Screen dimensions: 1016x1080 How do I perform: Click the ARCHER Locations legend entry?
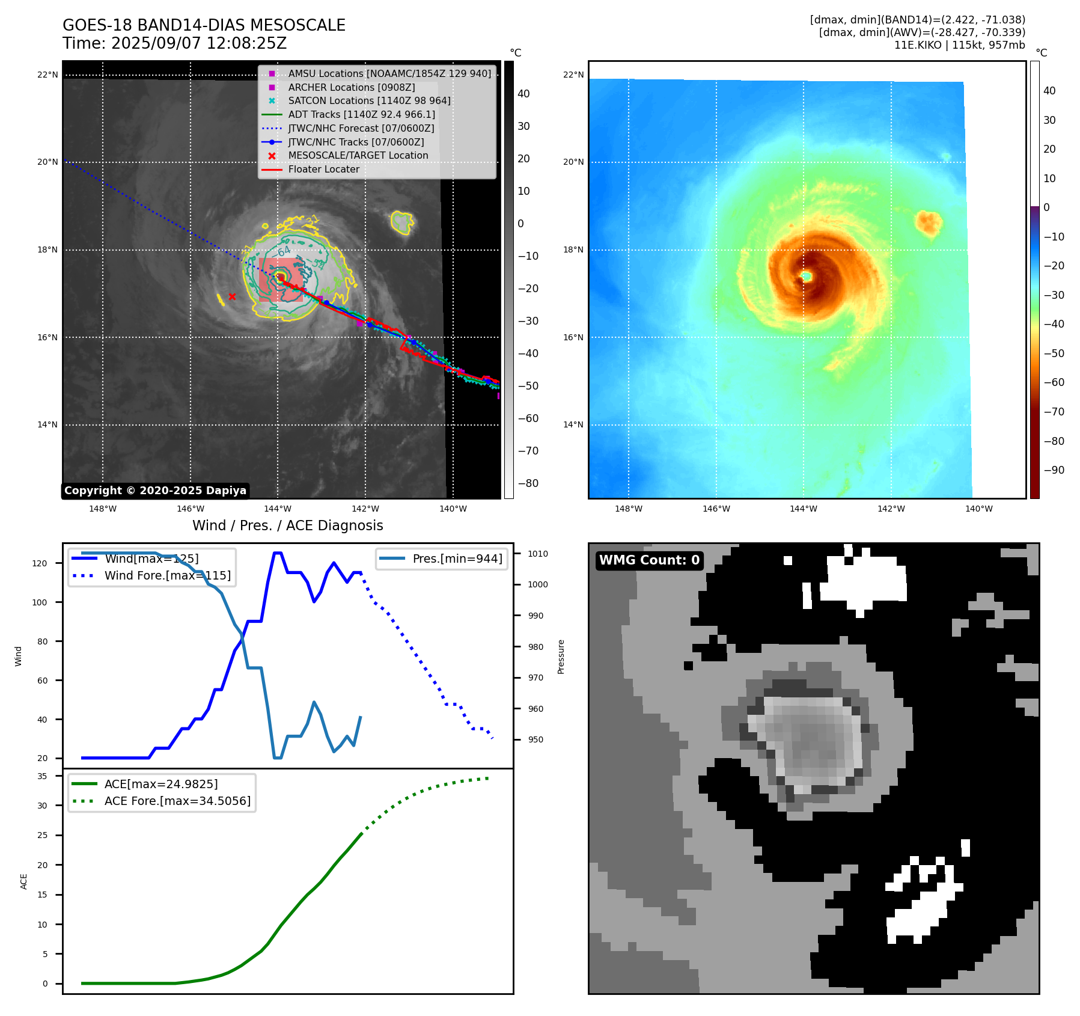click(351, 87)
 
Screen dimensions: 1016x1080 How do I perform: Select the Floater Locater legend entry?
click(323, 169)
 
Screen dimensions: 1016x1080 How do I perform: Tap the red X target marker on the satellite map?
click(232, 296)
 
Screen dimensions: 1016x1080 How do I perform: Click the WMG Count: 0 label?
click(649, 560)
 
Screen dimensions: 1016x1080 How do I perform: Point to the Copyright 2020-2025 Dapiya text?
click(155, 491)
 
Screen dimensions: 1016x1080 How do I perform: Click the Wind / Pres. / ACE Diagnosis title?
click(287, 525)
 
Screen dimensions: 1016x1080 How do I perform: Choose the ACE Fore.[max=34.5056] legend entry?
click(177, 801)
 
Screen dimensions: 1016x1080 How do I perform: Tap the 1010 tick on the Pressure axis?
click(538, 554)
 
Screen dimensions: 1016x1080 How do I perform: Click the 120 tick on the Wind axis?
click(40, 563)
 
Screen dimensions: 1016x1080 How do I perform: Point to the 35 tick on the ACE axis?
click(42, 776)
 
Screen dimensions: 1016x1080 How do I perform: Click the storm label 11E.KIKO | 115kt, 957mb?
click(959, 45)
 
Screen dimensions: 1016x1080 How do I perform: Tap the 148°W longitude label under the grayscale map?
click(103, 509)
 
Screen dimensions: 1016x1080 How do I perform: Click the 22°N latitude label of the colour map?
click(573, 75)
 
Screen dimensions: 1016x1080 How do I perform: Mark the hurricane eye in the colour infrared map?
click(806, 276)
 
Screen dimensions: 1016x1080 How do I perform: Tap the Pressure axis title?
click(561, 656)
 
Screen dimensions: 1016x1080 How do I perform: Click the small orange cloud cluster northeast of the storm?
click(929, 222)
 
